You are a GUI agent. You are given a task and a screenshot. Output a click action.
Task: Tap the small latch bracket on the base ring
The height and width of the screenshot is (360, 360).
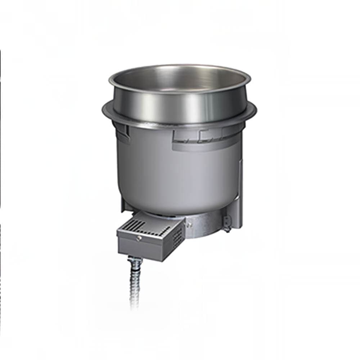click(226, 223)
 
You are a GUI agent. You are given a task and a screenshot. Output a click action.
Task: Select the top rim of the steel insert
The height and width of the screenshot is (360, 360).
click(180, 68)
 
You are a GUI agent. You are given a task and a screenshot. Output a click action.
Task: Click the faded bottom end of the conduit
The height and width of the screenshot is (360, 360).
click(134, 306)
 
